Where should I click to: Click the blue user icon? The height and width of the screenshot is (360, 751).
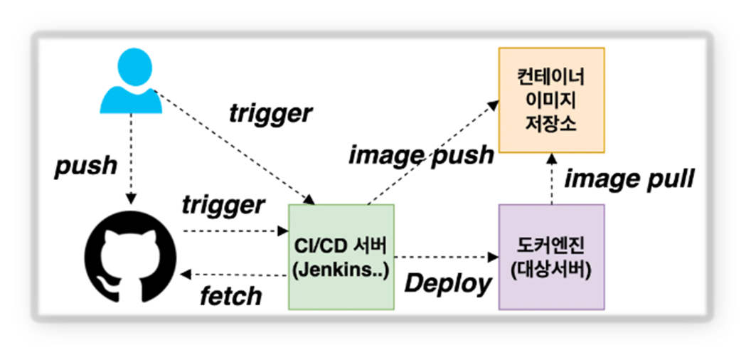pos(132,81)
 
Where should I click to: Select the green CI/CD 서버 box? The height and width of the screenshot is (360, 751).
pos(341,257)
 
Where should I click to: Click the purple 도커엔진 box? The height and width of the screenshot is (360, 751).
pos(551,257)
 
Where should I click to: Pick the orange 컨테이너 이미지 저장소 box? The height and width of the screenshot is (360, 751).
pos(551,100)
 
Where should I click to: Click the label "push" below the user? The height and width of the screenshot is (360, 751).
pos(86,165)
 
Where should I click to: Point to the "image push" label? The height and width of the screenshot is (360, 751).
pos(420,155)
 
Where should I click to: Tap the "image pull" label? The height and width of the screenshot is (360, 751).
pos(629,179)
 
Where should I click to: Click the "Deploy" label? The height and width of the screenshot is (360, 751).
pos(447,282)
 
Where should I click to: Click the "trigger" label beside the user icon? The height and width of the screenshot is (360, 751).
pos(270,112)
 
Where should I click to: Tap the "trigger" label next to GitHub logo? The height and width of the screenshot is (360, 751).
pos(223,205)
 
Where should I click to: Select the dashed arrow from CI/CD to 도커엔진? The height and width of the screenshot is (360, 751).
pos(445,256)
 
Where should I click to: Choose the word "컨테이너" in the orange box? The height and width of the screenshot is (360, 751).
pos(551,75)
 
